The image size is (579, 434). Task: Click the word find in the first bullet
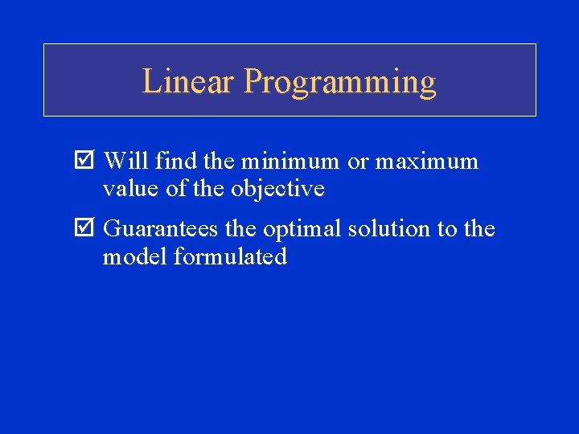pyautogui.click(x=177, y=162)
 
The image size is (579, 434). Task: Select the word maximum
pyautogui.click(x=426, y=162)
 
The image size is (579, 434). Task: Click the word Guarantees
pyautogui.click(x=161, y=230)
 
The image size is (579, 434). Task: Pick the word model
pyautogui.click(x=130, y=257)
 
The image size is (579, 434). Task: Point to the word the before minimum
pyautogui.click(x=219, y=162)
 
